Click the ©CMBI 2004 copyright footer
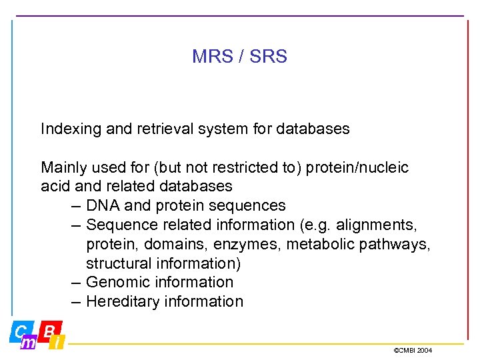(413, 350)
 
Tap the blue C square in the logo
(19, 331)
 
